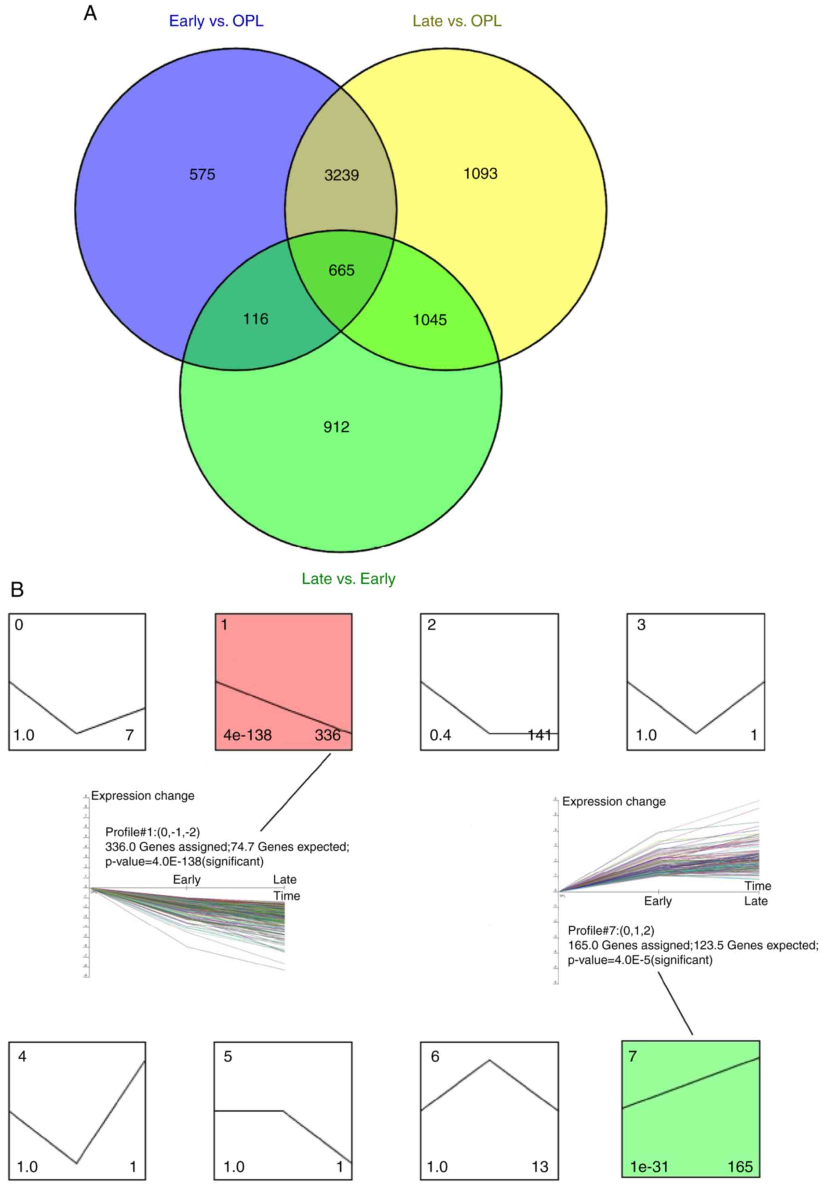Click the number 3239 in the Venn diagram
click(x=341, y=175)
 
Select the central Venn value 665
click(x=341, y=270)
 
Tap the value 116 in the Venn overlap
click(x=256, y=319)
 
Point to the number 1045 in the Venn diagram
click(x=430, y=320)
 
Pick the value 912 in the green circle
click(x=336, y=427)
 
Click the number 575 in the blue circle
click(x=202, y=175)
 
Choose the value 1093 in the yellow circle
click(x=480, y=174)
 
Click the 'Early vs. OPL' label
click(x=216, y=21)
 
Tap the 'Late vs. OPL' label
click(x=457, y=21)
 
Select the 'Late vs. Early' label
click(x=349, y=578)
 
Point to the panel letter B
click(x=17, y=589)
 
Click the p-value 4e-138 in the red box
click(x=247, y=735)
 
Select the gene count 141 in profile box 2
click(x=539, y=735)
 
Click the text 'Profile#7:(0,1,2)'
click(x=611, y=930)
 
